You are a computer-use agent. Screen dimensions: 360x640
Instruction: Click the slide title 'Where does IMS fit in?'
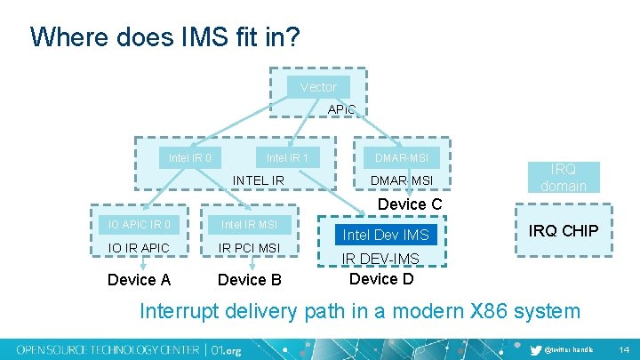164,37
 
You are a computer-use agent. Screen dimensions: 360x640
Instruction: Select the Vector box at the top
318,86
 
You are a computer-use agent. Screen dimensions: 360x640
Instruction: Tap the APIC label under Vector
341,109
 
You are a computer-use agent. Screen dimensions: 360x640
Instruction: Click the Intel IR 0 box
190,158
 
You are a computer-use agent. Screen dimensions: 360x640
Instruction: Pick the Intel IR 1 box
287,158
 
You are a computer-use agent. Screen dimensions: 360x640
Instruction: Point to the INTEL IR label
259,180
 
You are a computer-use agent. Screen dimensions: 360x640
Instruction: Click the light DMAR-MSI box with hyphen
401,158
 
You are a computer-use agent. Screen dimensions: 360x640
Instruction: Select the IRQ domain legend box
564,178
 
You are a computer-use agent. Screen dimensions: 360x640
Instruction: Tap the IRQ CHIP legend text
564,231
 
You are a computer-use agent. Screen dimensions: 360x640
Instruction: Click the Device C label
410,204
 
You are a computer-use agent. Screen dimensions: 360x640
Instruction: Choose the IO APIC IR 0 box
140,224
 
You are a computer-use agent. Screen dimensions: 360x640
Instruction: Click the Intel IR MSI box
249,224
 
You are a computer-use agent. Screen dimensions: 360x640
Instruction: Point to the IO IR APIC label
140,247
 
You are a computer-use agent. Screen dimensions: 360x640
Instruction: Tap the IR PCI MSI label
249,247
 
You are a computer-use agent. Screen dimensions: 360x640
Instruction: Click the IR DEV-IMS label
381,260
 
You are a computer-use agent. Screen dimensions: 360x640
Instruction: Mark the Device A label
139,280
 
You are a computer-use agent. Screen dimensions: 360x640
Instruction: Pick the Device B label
250,280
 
